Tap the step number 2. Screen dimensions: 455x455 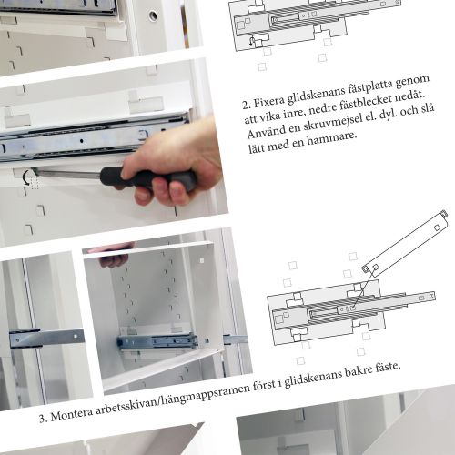tap(246, 105)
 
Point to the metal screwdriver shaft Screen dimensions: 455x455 tap(68, 174)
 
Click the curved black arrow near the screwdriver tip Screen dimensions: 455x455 tap(26, 177)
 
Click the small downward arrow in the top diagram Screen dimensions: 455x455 tap(251, 42)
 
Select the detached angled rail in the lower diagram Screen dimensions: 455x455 tap(405, 244)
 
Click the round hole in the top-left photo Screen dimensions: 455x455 tap(153, 15)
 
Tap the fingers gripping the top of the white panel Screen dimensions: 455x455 tap(114, 258)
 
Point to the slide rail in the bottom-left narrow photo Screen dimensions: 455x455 tap(46, 337)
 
